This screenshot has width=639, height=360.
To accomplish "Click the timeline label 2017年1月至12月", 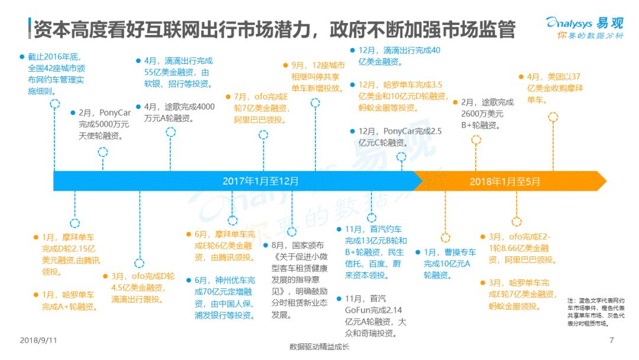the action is point(260,181).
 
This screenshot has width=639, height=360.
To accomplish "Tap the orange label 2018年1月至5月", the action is point(505,182).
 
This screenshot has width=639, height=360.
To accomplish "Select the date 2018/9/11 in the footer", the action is point(38,340).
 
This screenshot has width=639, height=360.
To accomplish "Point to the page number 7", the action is point(611,340).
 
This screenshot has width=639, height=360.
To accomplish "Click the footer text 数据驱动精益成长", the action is point(319,347).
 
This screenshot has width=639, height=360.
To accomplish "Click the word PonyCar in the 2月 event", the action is point(115,112).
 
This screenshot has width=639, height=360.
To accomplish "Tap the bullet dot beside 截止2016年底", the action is point(22,57).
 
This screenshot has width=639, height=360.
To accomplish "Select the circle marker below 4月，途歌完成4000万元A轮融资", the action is point(170,132).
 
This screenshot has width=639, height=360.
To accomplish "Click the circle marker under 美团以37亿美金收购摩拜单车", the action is point(553,117).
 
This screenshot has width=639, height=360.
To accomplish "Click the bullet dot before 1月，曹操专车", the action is point(418,252).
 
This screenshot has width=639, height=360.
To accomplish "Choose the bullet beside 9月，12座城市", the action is point(286,65).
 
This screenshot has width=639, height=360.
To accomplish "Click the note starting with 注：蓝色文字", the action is point(595,312).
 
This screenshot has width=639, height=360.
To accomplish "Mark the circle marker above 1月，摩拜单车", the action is point(75,223).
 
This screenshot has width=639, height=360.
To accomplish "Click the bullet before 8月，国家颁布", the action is point(266,246).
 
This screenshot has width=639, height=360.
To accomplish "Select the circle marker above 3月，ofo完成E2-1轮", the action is point(517,222).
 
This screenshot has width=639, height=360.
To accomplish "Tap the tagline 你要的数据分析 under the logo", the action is point(590,36).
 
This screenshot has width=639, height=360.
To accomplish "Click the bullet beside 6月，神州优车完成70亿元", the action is point(189,281).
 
